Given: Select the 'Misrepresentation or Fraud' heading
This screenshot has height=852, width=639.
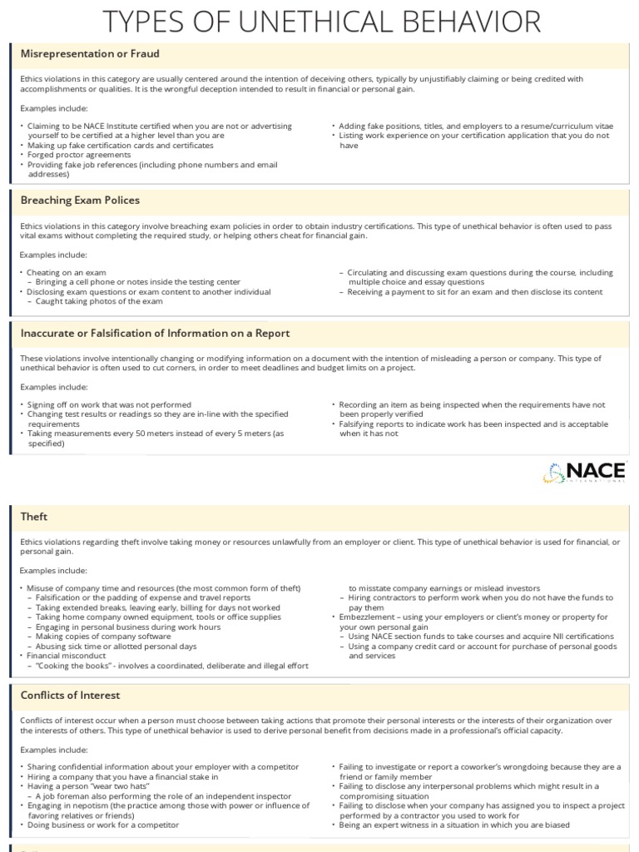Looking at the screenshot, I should click(x=78, y=54).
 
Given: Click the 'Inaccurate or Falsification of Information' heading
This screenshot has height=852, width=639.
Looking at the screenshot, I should click(x=155, y=333).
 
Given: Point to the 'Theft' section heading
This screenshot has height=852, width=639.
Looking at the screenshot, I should click(x=34, y=517).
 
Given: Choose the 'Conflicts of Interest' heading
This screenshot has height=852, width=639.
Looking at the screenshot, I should click(x=70, y=695).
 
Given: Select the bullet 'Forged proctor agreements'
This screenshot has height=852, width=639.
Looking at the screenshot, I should click(x=78, y=155).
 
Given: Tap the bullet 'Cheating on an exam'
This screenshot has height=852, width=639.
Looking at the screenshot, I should click(x=66, y=272).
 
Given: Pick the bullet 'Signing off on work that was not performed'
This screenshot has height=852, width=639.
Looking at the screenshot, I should click(x=109, y=404).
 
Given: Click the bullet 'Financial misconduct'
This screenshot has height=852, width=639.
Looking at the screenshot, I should click(x=72, y=656).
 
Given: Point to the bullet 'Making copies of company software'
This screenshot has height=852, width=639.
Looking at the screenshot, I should click(x=102, y=637).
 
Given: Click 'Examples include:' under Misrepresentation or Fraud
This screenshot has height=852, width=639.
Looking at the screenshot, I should click(x=53, y=108).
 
